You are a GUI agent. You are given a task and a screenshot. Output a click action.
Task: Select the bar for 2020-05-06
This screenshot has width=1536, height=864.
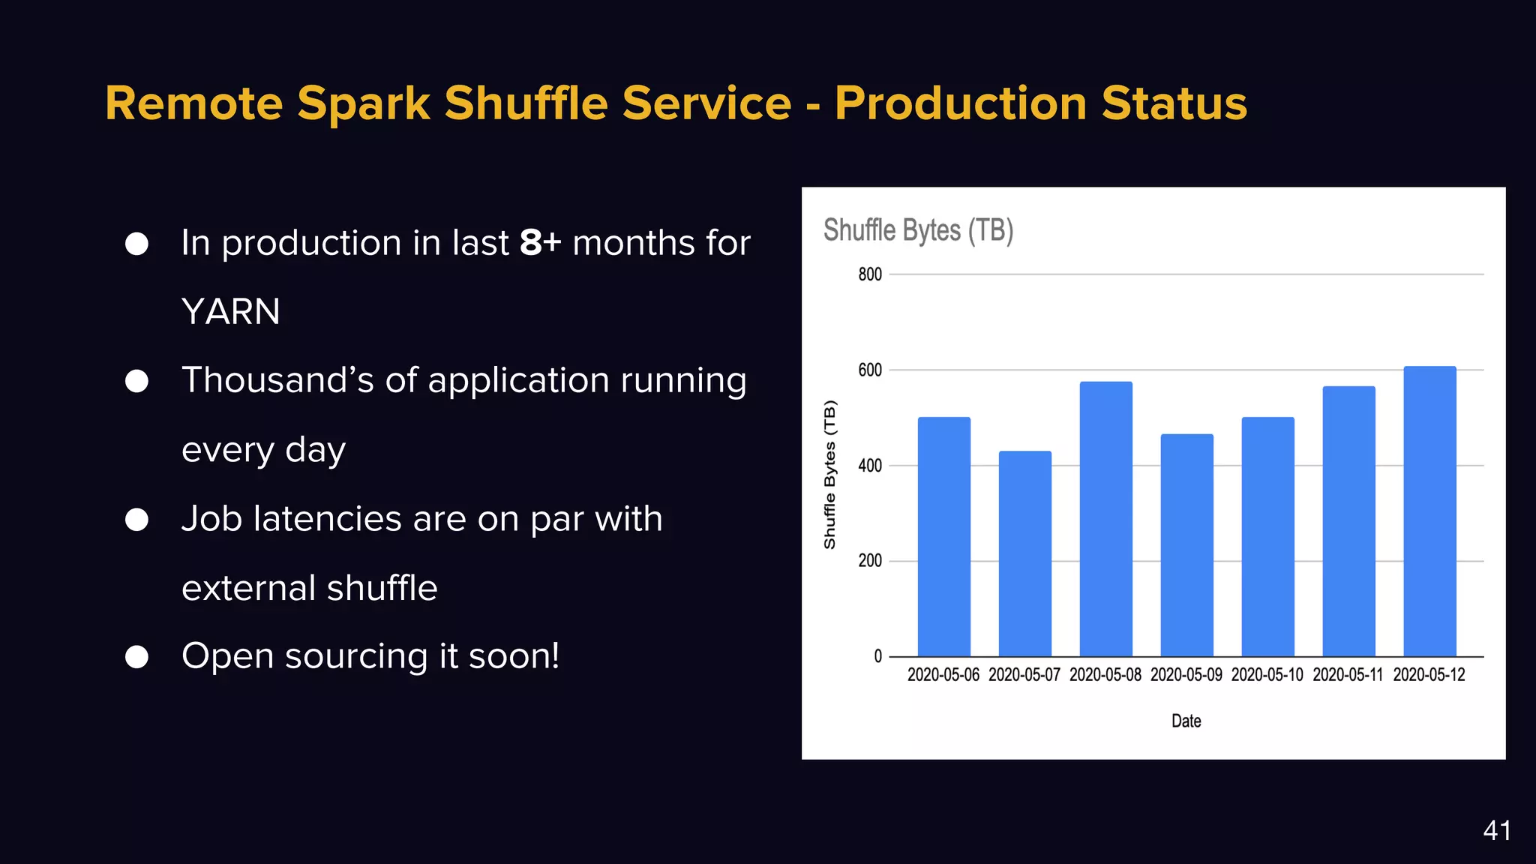[x=943, y=536]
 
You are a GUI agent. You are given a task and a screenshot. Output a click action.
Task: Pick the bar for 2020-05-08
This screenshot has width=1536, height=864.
[x=1105, y=519]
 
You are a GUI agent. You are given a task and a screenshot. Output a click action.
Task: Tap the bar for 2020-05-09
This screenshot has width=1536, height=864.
[x=1186, y=545]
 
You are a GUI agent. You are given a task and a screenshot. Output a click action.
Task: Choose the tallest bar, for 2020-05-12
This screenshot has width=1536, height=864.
[x=1429, y=511]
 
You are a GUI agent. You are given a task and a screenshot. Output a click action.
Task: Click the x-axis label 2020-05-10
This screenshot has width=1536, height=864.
[x=1267, y=675]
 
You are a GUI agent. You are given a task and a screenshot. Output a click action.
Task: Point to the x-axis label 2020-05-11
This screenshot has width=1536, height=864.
[x=1348, y=675]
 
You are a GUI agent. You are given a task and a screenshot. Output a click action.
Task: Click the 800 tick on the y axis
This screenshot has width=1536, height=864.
[x=870, y=274]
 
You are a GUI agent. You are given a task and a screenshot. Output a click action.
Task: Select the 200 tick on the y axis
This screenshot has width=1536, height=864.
[x=870, y=561]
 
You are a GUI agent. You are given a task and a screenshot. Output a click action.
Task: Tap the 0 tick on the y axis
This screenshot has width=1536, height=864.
[x=877, y=657]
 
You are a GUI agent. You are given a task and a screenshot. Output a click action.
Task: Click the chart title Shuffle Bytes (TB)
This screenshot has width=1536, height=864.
[x=918, y=230]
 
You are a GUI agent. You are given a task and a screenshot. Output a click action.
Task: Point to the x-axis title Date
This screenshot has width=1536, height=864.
[x=1186, y=721]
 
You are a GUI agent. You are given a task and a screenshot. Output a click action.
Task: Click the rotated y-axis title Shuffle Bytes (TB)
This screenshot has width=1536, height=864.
[x=829, y=475]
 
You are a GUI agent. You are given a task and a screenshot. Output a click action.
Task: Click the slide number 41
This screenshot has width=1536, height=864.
[x=1496, y=831]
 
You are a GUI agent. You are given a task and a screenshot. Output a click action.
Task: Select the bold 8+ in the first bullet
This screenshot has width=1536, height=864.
[x=540, y=243]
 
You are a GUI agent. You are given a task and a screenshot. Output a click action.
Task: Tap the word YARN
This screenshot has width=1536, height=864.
[x=231, y=312]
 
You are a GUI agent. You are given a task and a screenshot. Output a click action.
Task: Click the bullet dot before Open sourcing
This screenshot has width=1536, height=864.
[x=136, y=657]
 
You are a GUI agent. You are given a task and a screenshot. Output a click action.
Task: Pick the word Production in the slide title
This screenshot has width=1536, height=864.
[x=961, y=103]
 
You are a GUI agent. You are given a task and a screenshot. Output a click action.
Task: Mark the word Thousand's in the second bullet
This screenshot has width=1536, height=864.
[x=277, y=380]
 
